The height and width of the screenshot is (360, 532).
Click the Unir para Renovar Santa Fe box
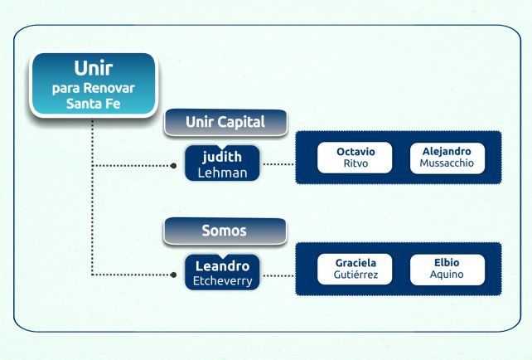click(94, 85)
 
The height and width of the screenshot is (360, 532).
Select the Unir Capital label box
click(225, 122)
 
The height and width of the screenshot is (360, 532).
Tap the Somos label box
click(225, 231)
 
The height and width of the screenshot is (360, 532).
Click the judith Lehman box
click(222, 163)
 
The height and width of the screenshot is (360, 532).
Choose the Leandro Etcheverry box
click(222, 272)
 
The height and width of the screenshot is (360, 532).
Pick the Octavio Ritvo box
click(355, 158)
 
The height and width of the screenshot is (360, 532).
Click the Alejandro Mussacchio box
click(447, 158)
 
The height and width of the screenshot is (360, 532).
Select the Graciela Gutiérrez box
click(355, 269)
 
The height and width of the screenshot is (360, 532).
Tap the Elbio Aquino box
click(447, 269)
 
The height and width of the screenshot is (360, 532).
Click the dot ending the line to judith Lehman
click(173, 166)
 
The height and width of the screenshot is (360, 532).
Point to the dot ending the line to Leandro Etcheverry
click(173, 275)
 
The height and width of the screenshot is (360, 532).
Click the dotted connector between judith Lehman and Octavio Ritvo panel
click(279, 164)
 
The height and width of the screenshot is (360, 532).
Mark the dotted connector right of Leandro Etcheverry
click(279, 275)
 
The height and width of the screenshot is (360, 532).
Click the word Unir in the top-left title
click(94, 68)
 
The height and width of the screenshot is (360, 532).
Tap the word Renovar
click(109, 88)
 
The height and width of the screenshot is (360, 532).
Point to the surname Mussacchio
click(447, 163)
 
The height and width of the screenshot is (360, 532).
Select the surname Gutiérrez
click(355, 275)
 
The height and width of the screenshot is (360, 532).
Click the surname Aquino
click(447, 275)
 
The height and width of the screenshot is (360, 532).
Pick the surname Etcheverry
click(223, 281)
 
